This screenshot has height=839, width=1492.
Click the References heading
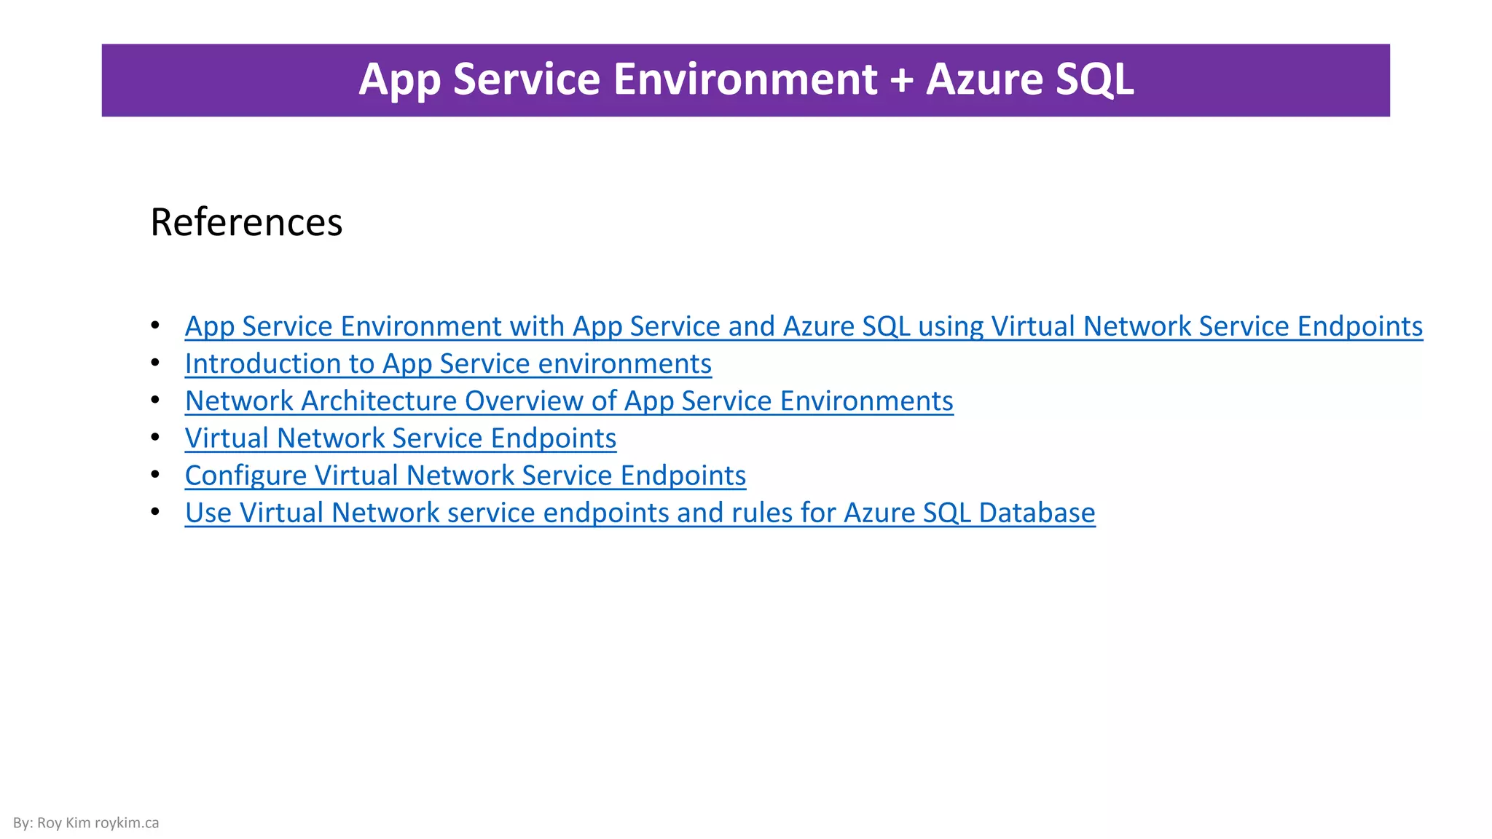click(246, 222)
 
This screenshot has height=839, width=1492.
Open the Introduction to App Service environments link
click(448, 363)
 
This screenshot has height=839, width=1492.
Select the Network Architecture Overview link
click(569, 401)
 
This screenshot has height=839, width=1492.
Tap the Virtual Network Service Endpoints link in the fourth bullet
click(401, 438)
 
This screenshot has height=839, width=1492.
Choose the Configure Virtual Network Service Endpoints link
click(466, 475)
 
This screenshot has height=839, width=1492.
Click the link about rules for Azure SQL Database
click(640, 513)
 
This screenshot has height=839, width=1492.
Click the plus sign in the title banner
click(901, 79)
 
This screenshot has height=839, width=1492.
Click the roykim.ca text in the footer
click(127, 823)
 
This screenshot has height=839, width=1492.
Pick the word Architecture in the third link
click(379, 401)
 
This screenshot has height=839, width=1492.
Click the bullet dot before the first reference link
click(155, 324)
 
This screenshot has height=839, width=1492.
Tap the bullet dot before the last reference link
click(155, 511)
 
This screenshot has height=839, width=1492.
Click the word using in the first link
click(951, 326)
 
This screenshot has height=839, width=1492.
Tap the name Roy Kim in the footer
click(63, 823)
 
